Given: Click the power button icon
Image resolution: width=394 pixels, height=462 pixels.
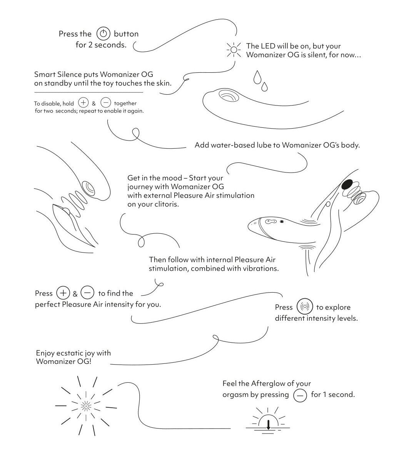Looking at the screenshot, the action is coord(103,33).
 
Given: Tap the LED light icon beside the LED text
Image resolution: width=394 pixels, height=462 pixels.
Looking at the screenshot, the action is coord(234,50).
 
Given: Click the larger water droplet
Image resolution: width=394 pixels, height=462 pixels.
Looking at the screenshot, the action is coord(257,77).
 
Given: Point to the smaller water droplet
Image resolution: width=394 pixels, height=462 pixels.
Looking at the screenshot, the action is coord(264,87).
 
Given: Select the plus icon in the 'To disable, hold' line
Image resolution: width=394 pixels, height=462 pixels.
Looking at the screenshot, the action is coord(83,102).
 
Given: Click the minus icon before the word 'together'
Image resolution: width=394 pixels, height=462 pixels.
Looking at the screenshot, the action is coord(106,102).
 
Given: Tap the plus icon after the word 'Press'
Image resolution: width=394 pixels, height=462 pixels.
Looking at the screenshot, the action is coord(63,293).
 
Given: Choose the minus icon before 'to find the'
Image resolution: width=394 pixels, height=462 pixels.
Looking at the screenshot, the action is coord(87,293).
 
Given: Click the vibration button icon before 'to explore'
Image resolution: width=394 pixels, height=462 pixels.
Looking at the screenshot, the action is coord(305,306).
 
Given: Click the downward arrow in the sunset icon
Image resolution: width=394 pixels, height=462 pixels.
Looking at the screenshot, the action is coord(269,425).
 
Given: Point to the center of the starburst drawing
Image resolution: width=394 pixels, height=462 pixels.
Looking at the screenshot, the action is coord(86,406).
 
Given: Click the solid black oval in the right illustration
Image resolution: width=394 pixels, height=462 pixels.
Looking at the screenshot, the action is coord(347,184).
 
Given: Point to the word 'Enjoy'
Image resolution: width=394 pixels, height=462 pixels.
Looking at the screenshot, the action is coord(45,353).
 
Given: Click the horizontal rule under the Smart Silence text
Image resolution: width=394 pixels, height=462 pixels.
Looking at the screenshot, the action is coord(88,92).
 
